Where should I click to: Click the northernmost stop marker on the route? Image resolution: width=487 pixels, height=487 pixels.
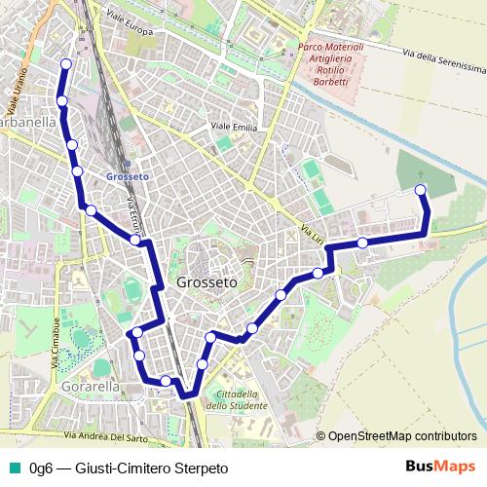[66, 64]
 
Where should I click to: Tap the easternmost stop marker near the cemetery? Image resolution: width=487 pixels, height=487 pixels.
[421, 189]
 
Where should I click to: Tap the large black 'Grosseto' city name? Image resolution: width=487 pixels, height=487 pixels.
[206, 282]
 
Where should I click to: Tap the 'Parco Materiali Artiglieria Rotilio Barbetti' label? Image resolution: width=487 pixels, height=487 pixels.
[331, 64]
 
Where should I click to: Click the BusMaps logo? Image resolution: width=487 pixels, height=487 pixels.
[440, 467]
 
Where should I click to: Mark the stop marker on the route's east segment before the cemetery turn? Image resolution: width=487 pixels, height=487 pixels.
[362, 243]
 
